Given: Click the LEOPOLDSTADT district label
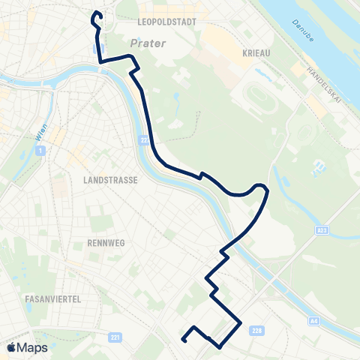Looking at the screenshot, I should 167,22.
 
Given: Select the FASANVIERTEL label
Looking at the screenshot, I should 53,298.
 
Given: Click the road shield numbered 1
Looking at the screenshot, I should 40,151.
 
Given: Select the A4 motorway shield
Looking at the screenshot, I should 314,322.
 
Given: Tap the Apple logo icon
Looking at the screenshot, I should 12,347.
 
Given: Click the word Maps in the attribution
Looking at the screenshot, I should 33,347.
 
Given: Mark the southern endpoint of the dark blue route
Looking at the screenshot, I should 183,340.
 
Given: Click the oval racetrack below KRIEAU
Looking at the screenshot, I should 252,98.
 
